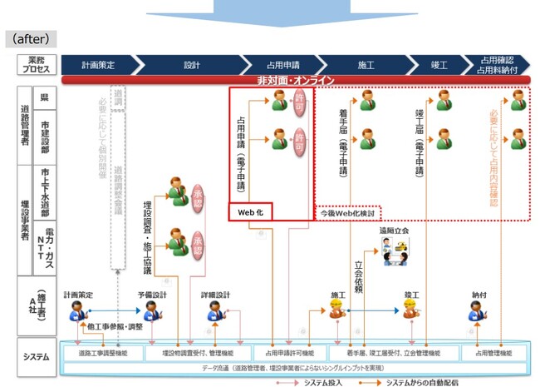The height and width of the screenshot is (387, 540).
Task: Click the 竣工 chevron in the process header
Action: (439, 63)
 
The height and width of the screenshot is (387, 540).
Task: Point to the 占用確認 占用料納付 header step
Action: (502, 63)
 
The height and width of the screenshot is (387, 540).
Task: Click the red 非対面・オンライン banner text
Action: (296, 80)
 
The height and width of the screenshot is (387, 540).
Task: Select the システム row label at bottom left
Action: (36, 357)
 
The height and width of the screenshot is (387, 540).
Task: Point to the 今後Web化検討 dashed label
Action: (348, 212)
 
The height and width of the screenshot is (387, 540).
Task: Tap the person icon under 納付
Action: (479, 310)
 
